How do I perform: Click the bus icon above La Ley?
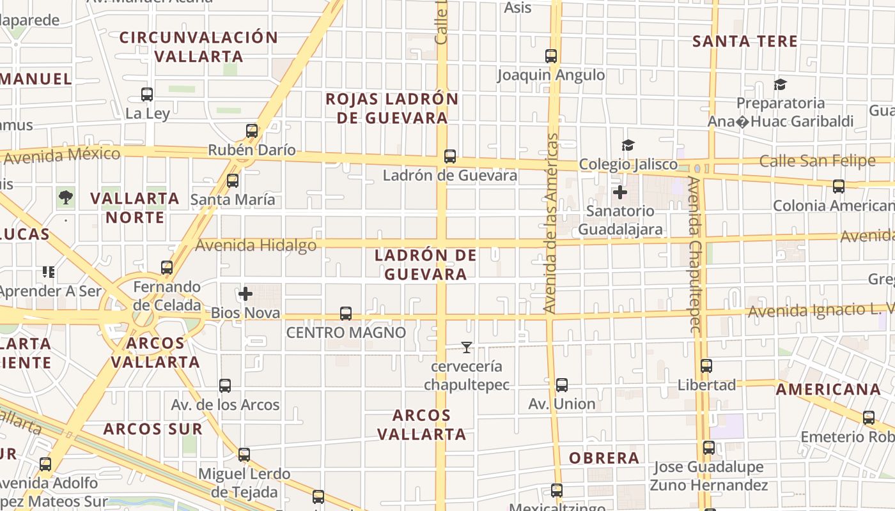pos(147,95)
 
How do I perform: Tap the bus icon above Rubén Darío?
pos(252,131)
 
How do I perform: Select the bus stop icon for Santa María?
pos(233,181)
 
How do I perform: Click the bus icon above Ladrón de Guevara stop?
pos(450,156)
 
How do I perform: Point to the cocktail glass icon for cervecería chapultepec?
pos(467,347)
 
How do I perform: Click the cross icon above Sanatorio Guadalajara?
pos(619,192)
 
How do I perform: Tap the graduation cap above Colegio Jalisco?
pos(628,146)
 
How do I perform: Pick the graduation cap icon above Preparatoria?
pos(780,84)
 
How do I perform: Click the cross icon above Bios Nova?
pos(245,294)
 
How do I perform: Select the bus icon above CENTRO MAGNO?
pos(346,314)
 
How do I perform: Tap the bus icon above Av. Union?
pos(561,385)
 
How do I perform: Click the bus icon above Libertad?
pos(706,366)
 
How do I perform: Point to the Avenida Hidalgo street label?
pos(256,245)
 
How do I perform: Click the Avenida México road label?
pos(61,155)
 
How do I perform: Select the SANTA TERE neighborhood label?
pos(745,42)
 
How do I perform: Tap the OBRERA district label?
pos(604,458)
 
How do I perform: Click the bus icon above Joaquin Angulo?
pos(551,56)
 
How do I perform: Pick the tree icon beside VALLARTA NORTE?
pos(65,197)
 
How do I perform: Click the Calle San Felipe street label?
pos(817,161)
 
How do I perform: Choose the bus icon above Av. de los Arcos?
pos(225,386)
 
